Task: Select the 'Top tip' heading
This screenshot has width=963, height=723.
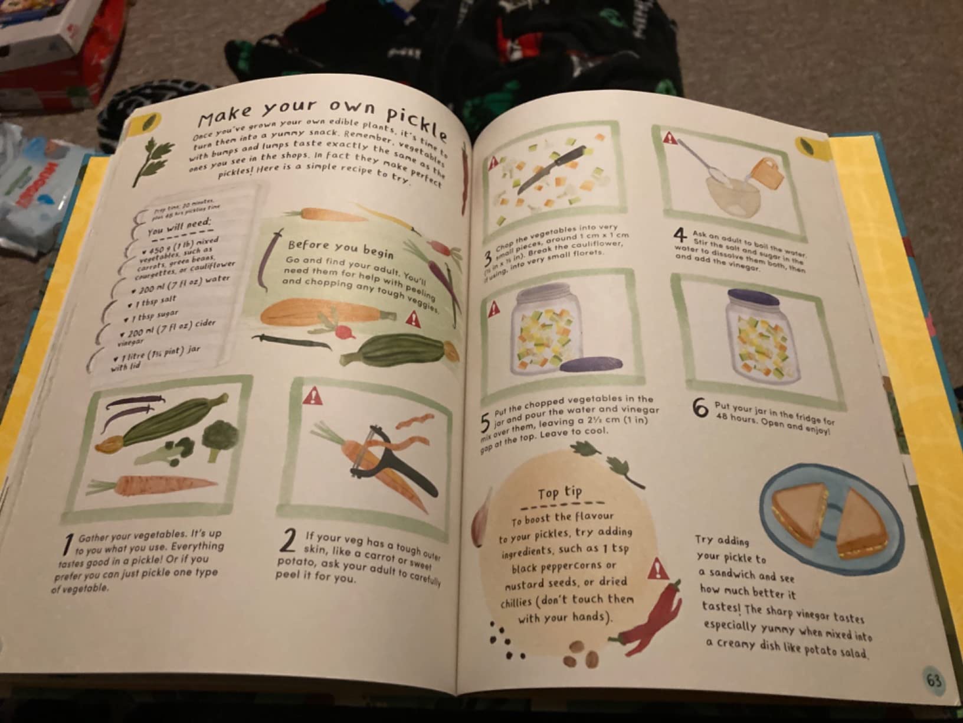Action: (x=559, y=493)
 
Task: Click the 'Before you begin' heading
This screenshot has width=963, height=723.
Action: (x=340, y=247)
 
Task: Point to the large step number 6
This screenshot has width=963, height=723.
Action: (x=700, y=408)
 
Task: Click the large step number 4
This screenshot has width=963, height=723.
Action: (x=680, y=235)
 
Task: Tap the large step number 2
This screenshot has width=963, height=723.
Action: (x=289, y=541)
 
